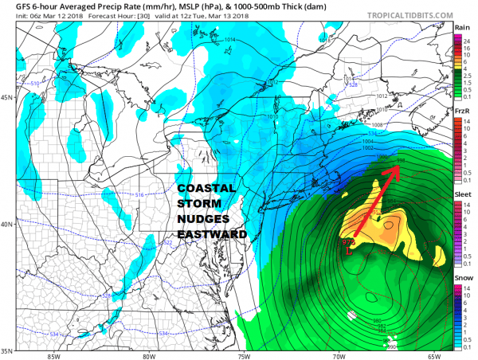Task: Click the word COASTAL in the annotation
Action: coord(206,188)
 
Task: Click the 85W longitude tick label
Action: coord(53,355)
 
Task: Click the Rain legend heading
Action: coord(461,27)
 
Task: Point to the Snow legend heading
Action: coord(462,277)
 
